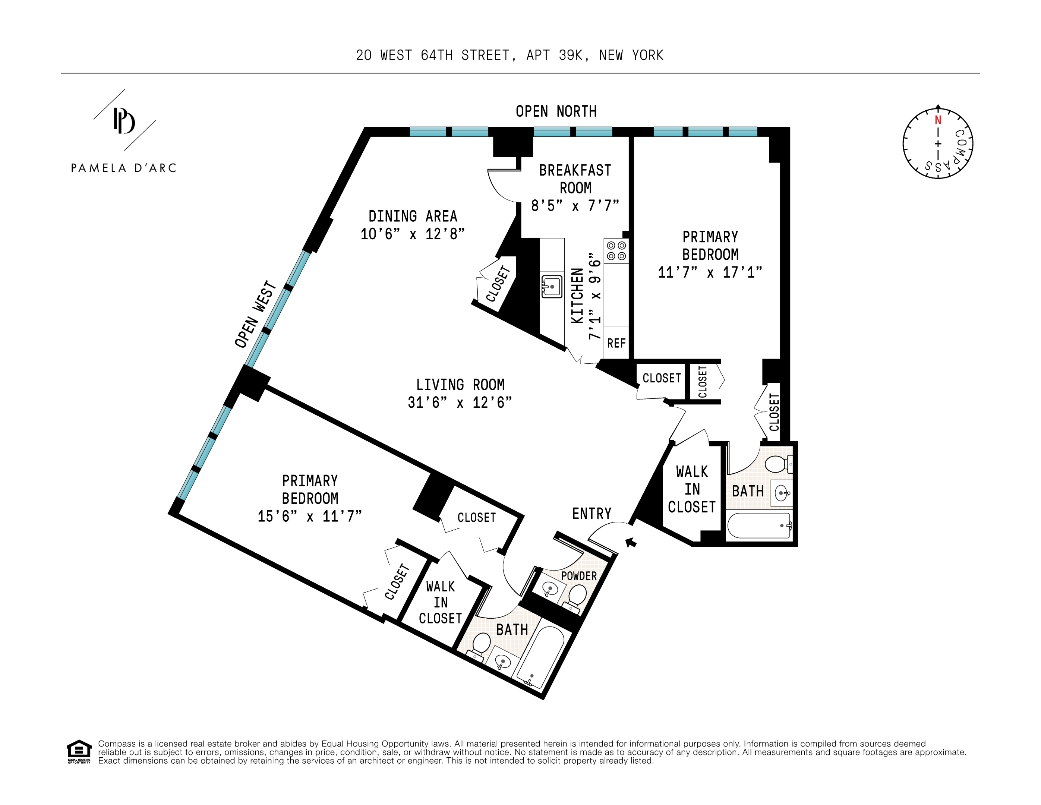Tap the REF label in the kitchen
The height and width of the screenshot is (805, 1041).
pos(616,343)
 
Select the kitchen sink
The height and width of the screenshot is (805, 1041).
pos(552,287)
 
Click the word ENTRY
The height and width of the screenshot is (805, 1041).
pos(592,513)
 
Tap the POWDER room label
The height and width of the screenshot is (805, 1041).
pos(579,576)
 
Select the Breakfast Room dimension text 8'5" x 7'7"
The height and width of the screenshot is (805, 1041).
pos(575,206)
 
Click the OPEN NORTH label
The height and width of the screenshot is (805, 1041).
pos(556,111)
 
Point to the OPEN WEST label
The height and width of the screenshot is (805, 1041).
pos(255,315)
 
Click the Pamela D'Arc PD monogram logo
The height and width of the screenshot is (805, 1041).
pos(124,121)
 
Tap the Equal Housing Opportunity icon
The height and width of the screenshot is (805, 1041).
pos(79,751)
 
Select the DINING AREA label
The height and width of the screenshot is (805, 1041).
pos(412,217)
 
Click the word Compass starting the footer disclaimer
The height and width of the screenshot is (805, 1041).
pos(116,744)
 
